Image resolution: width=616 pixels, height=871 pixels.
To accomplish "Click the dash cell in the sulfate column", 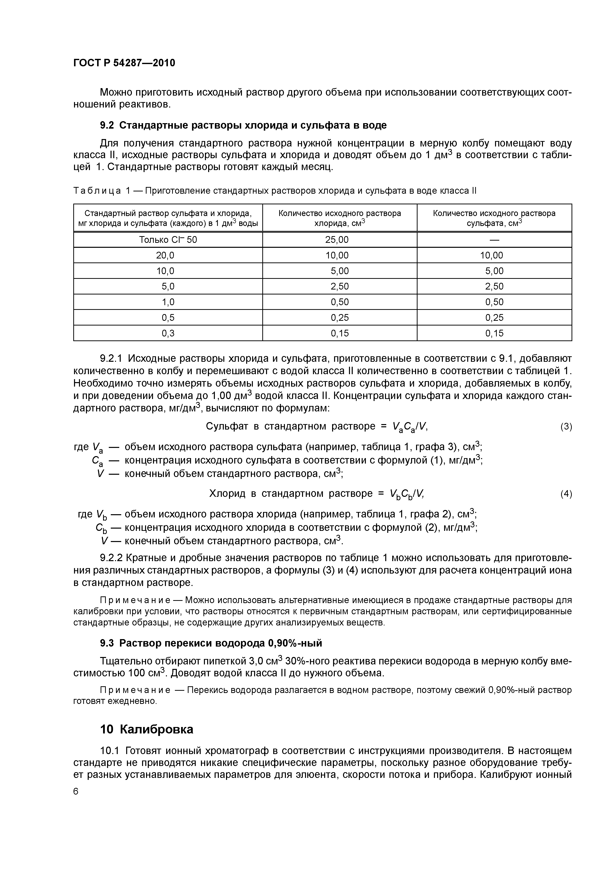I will coord(494,240).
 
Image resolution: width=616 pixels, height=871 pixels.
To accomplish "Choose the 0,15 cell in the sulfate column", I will coord(494,333).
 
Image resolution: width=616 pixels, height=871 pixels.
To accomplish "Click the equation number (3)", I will coord(566,427).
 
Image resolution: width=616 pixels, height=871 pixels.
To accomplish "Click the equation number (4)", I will coord(566,494).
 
